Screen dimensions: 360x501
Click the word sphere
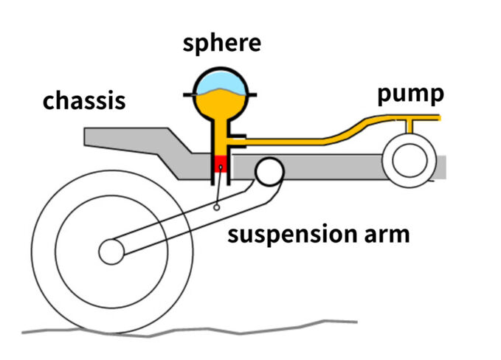point(221,42)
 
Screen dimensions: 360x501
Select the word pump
point(410,94)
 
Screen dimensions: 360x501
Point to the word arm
point(386,236)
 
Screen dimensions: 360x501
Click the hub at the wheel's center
point(111,252)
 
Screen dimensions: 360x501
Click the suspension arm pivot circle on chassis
point(269,171)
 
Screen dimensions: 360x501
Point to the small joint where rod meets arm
point(216,208)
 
